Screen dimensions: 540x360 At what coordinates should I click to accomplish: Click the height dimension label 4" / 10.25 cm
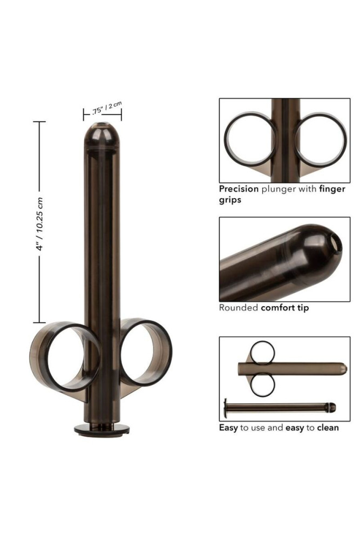click(x=40, y=224)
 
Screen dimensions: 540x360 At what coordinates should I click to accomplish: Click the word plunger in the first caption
click(x=279, y=190)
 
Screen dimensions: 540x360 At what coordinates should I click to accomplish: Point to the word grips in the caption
click(x=230, y=200)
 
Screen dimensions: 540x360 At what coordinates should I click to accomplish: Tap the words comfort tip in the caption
click(x=285, y=308)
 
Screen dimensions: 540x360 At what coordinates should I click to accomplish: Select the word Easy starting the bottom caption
click(x=228, y=428)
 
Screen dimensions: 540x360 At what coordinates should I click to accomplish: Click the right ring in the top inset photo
click(x=321, y=139)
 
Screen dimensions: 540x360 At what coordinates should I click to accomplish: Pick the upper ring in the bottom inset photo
click(x=264, y=352)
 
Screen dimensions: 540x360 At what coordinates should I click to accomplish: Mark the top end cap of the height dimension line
click(x=39, y=122)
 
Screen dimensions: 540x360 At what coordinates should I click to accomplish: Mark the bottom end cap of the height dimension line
click(x=39, y=322)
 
